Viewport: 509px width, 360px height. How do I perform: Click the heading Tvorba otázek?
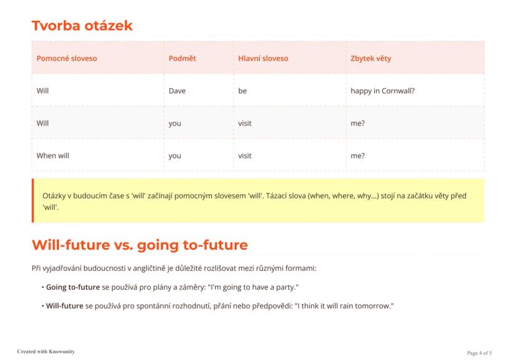[x=82, y=26]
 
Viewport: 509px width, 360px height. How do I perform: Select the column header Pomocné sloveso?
[x=66, y=58]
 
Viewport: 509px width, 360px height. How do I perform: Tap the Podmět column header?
[x=183, y=58]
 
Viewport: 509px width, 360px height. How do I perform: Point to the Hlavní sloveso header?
[x=263, y=58]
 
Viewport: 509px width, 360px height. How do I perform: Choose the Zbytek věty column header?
[x=371, y=58]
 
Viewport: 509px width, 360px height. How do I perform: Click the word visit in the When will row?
[x=245, y=155]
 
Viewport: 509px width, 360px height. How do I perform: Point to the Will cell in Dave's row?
[x=42, y=91]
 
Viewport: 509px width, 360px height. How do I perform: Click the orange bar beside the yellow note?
[x=33, y=200]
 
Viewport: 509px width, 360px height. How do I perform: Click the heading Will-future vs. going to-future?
[x=140, y=245]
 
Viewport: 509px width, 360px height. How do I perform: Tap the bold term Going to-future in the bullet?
[x=73, y=288]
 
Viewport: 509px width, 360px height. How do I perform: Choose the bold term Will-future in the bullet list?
[x=65, y=306]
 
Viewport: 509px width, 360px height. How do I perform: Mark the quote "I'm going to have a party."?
[x=253, y=288]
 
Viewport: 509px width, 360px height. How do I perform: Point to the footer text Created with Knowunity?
[x=45, y=351]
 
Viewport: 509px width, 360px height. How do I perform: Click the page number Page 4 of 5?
[x=479, y=353]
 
